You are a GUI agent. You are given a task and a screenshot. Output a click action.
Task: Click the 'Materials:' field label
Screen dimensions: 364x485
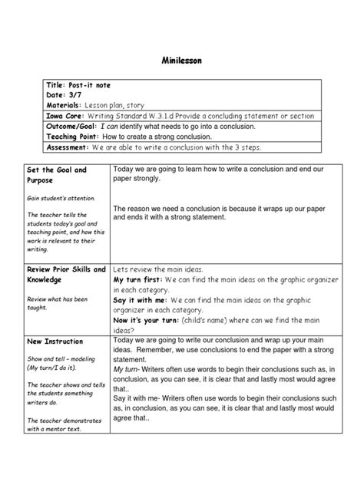click(71, 104)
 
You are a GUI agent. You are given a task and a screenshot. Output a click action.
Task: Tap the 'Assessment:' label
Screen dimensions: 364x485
click(71, 147)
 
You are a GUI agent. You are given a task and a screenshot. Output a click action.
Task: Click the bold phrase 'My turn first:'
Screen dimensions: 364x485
click(140, 282)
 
